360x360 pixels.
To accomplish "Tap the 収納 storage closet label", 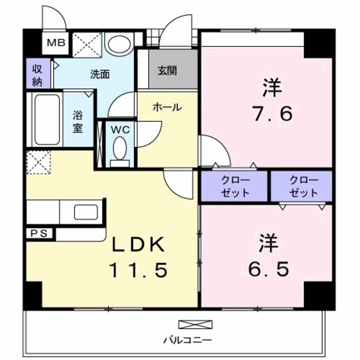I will (x=37, y=74).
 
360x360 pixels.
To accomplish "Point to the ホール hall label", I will (x=167, y=107).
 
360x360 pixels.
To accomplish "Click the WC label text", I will (x=120, y=129).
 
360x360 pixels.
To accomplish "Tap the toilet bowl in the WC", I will (x=120, y=150).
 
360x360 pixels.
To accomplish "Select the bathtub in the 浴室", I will (x=46, y=119).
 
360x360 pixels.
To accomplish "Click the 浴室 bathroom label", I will (x=78, y=120).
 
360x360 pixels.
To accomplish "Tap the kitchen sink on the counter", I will (x=87, y=213).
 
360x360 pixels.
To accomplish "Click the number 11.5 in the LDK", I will (x=138, y=271).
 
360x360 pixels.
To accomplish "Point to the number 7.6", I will (x=271, y=114).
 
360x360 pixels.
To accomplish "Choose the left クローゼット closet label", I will (x=235, y=186).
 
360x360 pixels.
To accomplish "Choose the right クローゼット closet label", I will (x=303, y=186).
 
